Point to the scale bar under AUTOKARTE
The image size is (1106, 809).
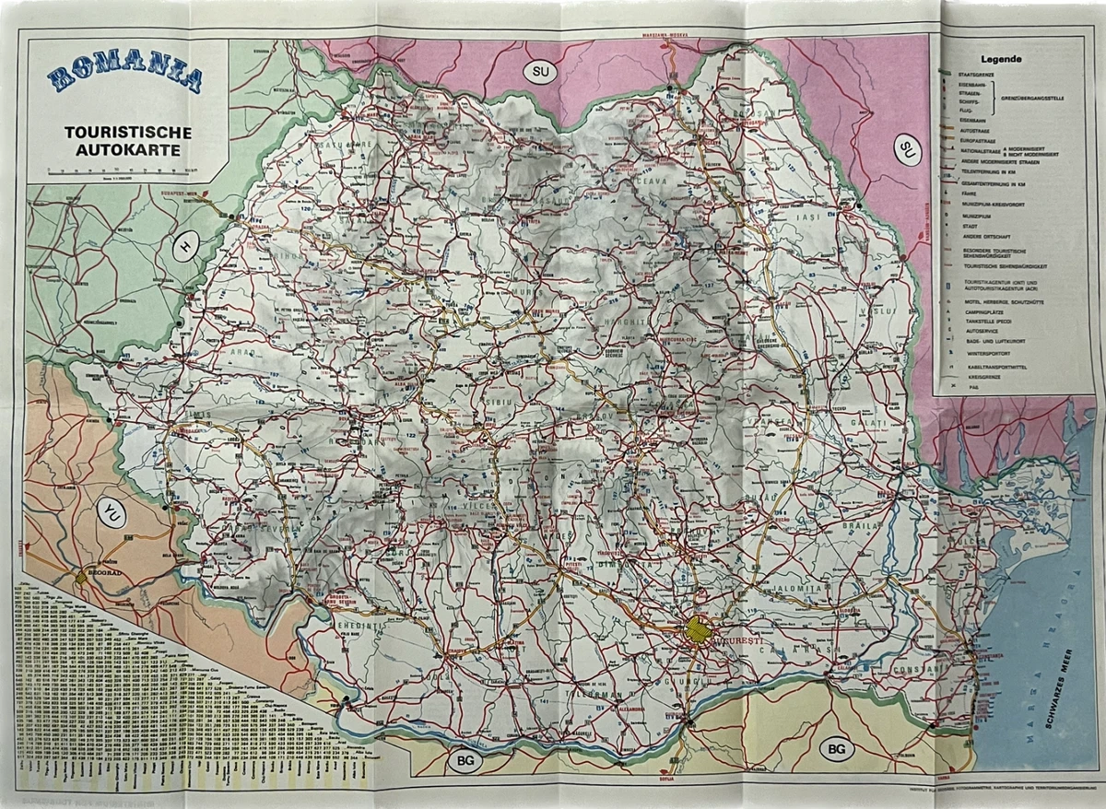point(120,170)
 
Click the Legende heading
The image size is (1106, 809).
point(1013,57)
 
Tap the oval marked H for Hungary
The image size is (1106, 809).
point(186,246)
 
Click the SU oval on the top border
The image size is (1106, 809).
point(540,72)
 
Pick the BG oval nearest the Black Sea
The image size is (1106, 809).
point(835,748)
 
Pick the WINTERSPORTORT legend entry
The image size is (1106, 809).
point(989,351)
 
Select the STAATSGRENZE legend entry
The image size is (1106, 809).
point(974,72)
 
